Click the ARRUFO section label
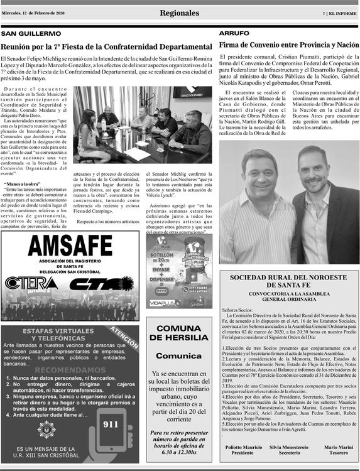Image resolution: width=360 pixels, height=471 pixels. click(234, 32)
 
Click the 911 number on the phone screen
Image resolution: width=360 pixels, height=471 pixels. click(111, 425)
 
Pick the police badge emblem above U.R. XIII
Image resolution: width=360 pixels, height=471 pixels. click(45, 429)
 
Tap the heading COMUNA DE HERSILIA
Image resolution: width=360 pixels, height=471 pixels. click(178, 333)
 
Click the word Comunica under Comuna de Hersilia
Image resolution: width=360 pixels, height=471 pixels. click(178, 356)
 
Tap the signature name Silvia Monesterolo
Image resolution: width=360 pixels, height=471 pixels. click(289, 447)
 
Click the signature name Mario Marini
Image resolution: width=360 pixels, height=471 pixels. click(339, 447)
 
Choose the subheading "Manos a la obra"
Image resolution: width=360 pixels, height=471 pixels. click(23, 184)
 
